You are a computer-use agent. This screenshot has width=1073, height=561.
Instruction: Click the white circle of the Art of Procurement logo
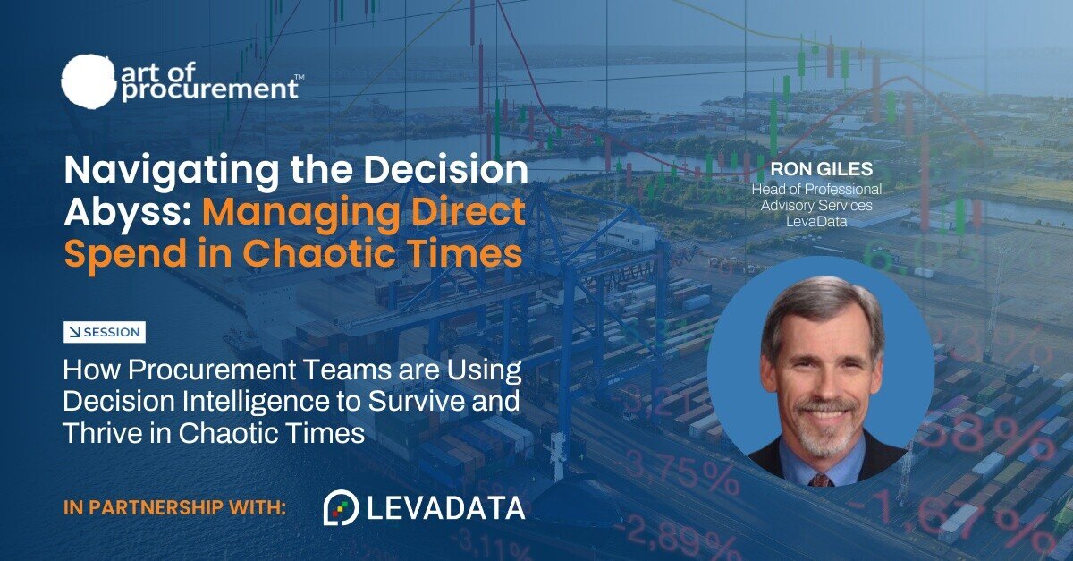[x=89, y=80]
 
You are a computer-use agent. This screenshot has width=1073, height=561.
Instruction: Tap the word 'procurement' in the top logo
[x=210, y=89]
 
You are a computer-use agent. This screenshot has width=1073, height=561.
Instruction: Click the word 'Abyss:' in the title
[x=128, y=212]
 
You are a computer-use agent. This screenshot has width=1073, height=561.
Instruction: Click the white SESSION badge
[x=105, y=332]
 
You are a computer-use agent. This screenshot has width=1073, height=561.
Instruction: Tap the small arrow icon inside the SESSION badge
[x=75, y=332]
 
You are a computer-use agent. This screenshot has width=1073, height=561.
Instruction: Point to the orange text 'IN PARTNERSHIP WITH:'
[x=174, y=508]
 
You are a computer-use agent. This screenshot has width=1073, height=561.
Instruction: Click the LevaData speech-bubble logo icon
[x=341, y=507]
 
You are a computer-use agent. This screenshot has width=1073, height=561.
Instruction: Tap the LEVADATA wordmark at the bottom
[x=446, y=508]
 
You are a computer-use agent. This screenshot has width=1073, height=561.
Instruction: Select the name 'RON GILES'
[x=821, y=169]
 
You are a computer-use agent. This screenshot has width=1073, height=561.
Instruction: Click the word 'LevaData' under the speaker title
[x=816, y=222]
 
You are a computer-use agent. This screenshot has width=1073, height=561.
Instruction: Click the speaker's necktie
[x=821, y=480]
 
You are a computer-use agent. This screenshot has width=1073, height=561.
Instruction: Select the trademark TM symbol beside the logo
[x=299, y=76]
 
